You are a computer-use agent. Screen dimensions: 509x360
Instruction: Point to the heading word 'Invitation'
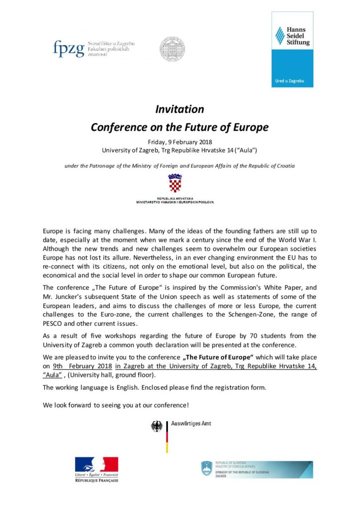tap(180, 109)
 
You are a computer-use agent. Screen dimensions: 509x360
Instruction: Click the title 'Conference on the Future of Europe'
tap(180, 127)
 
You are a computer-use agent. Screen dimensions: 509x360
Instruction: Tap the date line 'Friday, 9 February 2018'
tap(180, 142)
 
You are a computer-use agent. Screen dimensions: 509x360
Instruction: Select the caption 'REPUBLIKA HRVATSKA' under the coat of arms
tap(175, 198)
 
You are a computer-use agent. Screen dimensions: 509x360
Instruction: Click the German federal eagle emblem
tap(157, 427)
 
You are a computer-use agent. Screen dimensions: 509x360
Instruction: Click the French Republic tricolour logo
tap(96, 465)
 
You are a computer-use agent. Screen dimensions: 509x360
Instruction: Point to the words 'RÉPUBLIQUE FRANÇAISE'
tap(96, 481)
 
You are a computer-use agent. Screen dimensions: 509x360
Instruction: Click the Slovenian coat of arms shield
tap(206, 468)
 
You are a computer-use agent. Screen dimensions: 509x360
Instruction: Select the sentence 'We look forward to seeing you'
tap(115, 405)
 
